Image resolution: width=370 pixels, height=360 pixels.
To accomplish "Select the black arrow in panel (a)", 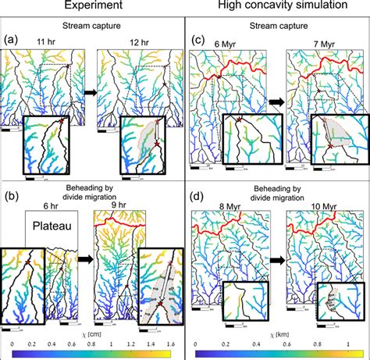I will pos(88,92).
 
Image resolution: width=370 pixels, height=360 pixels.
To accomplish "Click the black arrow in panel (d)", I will pos(274,254).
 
